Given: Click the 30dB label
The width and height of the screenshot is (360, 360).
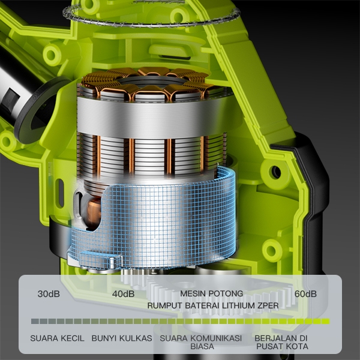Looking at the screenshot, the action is click(49, 294).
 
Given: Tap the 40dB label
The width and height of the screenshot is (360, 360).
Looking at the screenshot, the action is click(123, 294).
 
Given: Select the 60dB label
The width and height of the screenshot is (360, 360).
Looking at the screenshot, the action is click(305, 294).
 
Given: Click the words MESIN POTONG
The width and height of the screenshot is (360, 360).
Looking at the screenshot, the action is click(211, 293).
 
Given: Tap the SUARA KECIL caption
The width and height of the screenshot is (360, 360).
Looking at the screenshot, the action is click(57, 338).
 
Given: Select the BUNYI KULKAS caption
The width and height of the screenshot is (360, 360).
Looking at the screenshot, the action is click(122, 338).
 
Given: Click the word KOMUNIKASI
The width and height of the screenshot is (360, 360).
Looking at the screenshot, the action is click(216, 338).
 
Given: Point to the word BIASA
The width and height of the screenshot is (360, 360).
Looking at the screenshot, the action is click(202, 346).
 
